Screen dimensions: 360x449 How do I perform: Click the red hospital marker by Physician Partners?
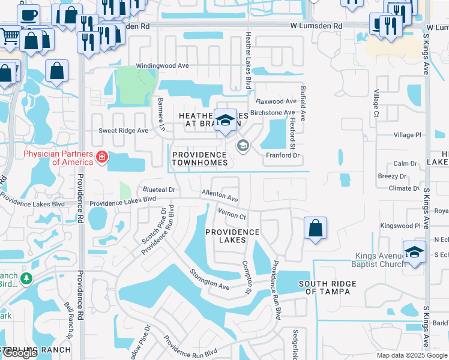pyautogui.click(x=102, y=158)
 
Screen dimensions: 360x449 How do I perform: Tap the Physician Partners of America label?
pyautogui.click(x=58, y=158)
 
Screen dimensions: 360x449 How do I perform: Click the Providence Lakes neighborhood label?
pyautogui.click(x=232, y=236)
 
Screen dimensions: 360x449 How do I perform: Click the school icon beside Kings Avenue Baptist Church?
pyautogui.click(x=414, y=251)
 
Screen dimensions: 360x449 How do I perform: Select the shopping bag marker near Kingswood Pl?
pyautogui.click(x=315, y=229)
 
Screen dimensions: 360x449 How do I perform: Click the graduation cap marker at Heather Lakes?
pyautogui.click(x=226, y=120)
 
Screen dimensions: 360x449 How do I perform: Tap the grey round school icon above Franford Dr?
pyautogui.click(x=243, y=146)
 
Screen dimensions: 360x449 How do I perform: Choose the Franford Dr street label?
pyautogui.click(x=282, y=155)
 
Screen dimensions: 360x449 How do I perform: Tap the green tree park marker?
pyautogui.click(x=26, y=278)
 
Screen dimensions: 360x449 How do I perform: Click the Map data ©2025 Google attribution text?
pyautogui.click(x=411, y=355)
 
